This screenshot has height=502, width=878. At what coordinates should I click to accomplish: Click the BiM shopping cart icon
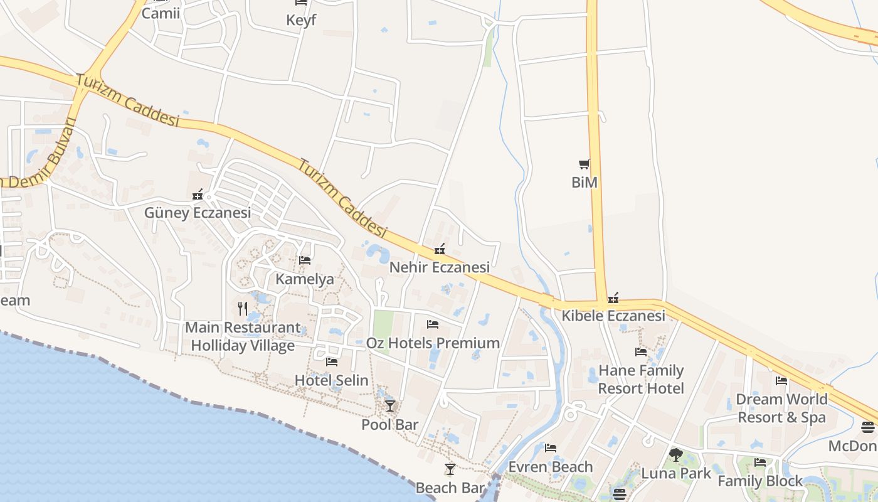(584, 164)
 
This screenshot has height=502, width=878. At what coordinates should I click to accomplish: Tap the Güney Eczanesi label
(198, 213)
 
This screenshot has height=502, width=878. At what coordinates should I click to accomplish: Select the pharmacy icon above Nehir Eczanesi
(440, 250)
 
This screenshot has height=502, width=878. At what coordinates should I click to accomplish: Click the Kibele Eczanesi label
(613, 316)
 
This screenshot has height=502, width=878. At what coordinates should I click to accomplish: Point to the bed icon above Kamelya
(305, 260)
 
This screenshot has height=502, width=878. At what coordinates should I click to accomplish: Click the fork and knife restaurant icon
(243, 308)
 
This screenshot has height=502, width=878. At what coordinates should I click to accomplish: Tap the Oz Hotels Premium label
(433, 343)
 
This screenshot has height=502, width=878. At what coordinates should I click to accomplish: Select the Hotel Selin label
(331, 380)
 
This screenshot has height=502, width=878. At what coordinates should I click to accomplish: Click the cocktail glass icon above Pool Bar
(390, 406)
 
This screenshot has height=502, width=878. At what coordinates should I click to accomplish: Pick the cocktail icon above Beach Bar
(450, 469)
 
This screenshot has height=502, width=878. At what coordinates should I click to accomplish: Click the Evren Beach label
(550, 467)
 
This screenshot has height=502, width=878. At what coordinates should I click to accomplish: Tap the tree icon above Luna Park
(675, 454)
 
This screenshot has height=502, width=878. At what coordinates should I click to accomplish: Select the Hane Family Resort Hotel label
(640, 379)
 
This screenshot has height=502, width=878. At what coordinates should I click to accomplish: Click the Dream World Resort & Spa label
(781, 408)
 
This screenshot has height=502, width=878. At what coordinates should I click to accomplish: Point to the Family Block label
(760, 481)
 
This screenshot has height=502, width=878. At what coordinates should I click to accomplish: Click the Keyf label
(301, 20)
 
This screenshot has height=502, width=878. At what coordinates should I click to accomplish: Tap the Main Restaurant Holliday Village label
(243, 336)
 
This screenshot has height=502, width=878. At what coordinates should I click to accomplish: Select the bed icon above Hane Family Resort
(641, 352)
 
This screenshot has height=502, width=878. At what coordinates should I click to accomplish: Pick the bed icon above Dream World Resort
(781, 381)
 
